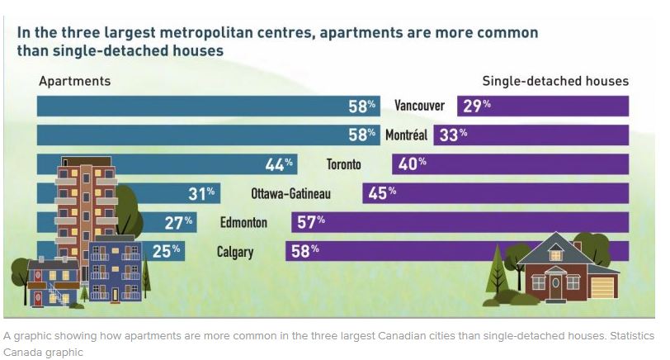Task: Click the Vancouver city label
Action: coord(420,106)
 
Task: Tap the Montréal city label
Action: coord(406,135)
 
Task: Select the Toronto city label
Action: coord(344,164)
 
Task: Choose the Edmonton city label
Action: coord(243,222)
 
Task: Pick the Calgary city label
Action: coord(234,251)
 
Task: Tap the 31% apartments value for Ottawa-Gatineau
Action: coord(201,193)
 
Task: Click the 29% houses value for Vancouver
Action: coord(476,106)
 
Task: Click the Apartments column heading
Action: coord(75,82)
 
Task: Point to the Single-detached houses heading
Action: coord(555,82)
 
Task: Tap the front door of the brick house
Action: coord(555,287)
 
